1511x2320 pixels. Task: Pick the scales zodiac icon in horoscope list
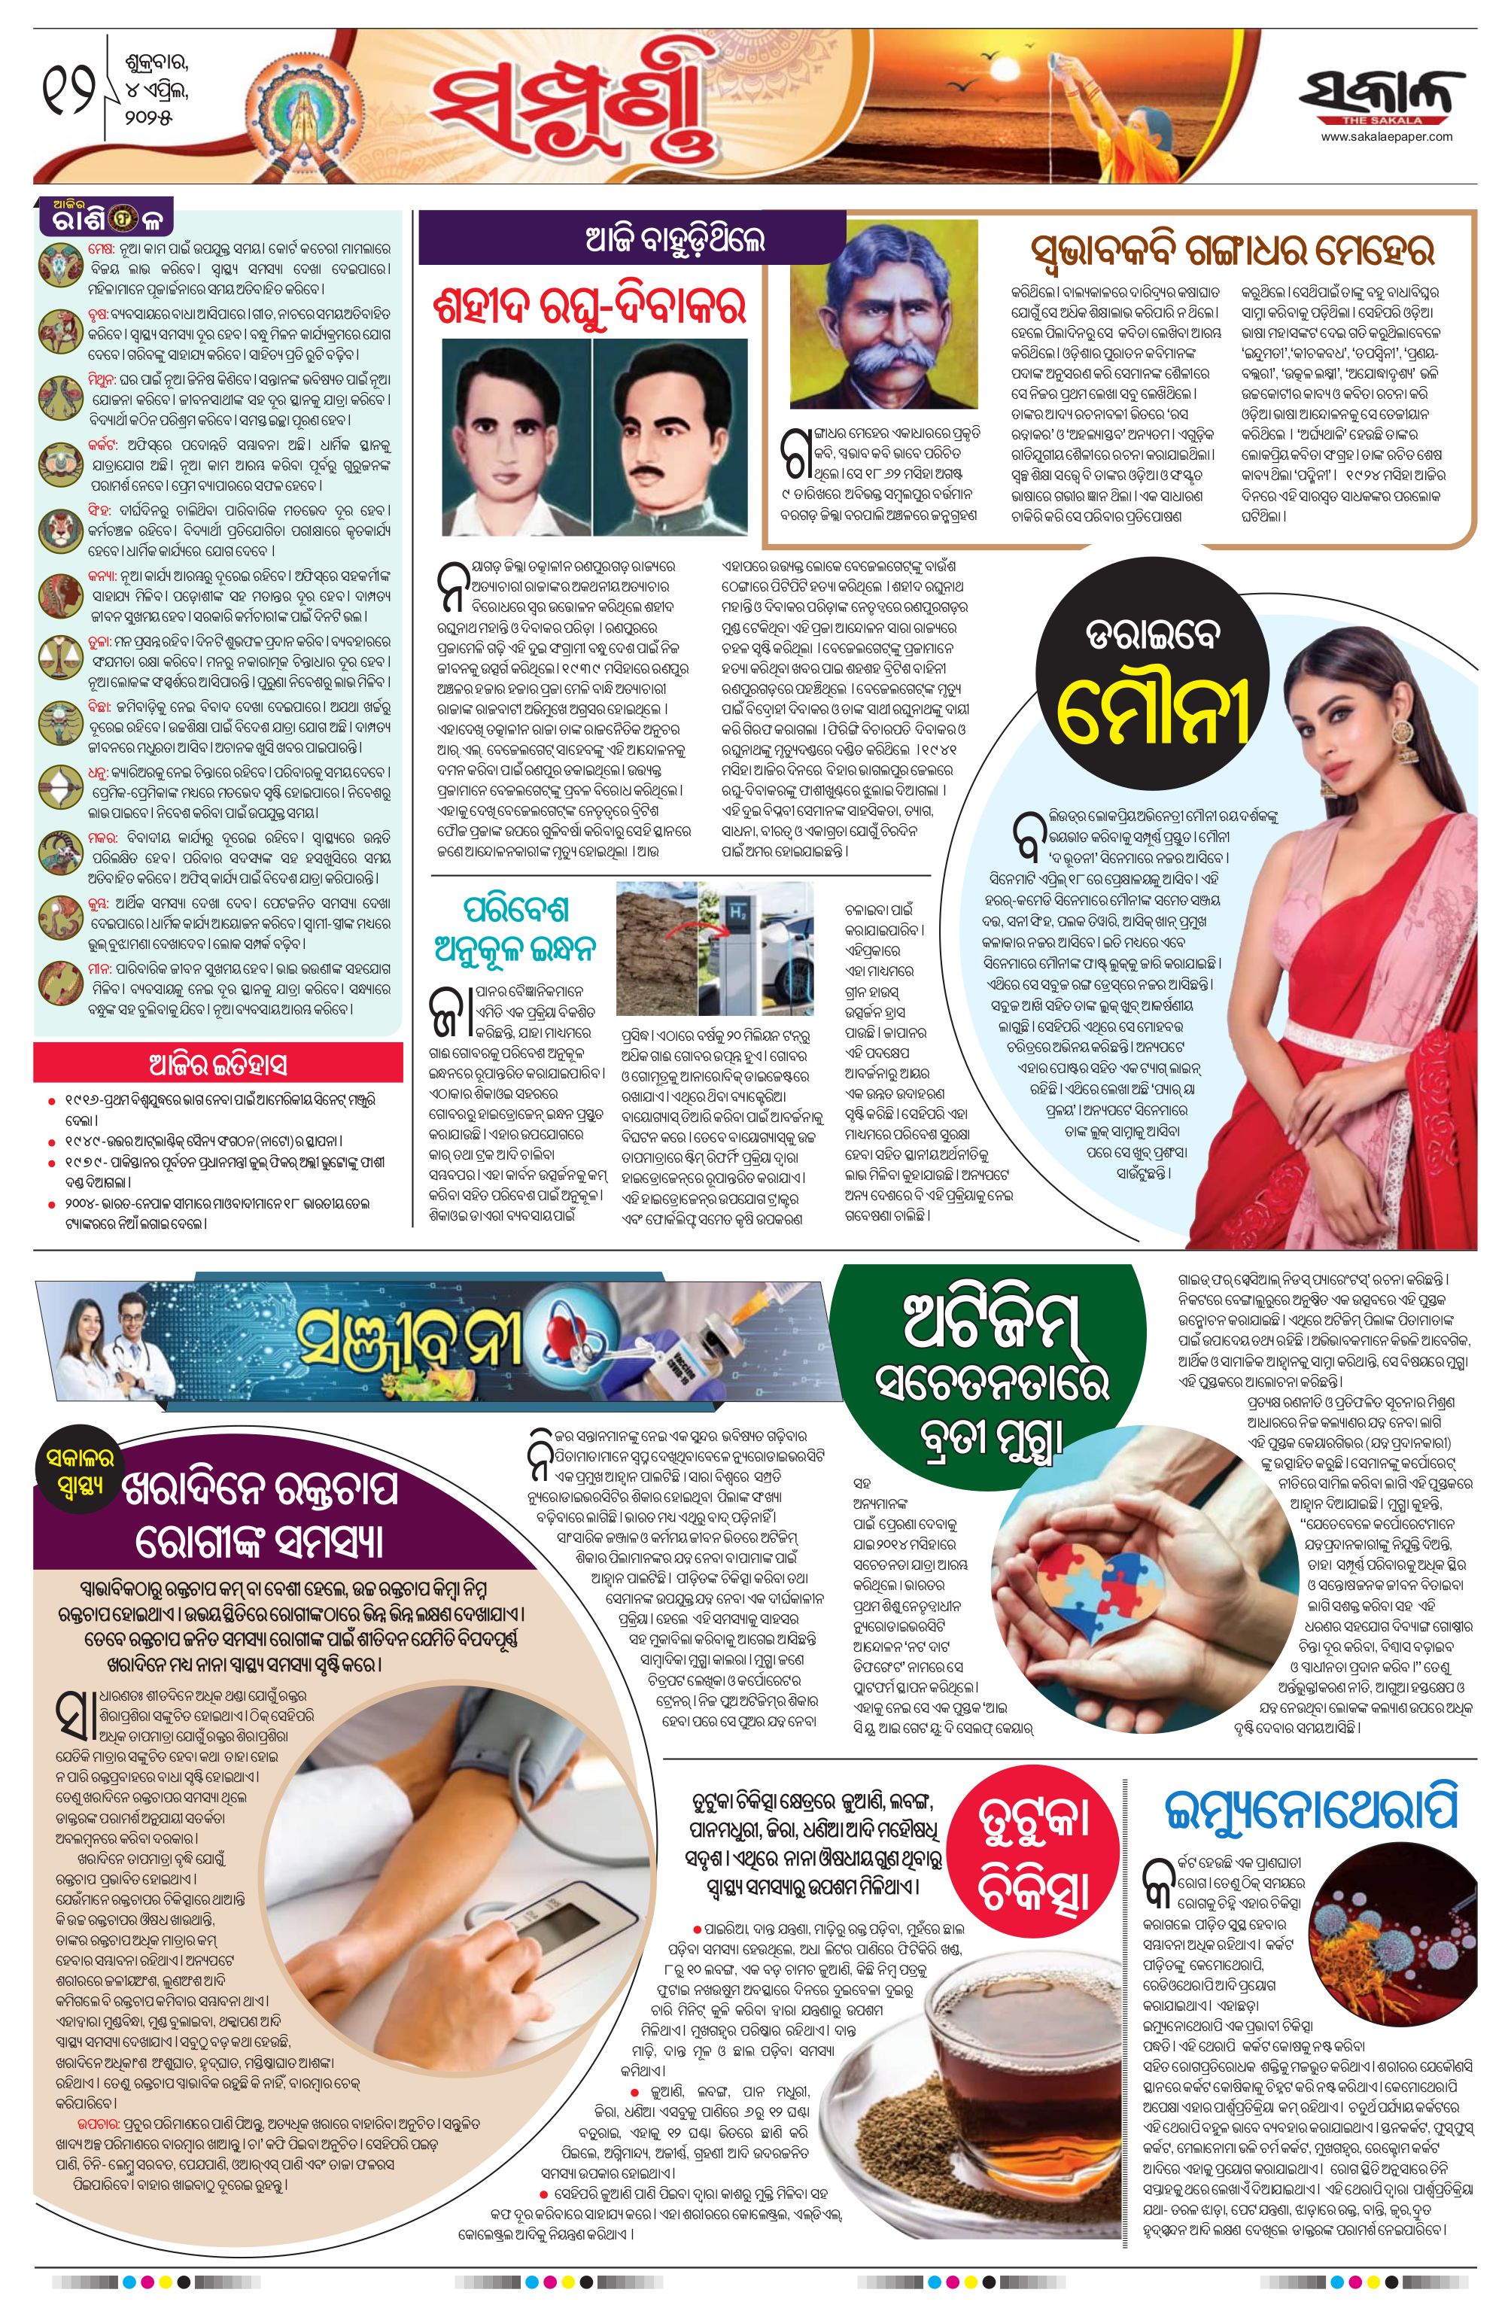point(57,656)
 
